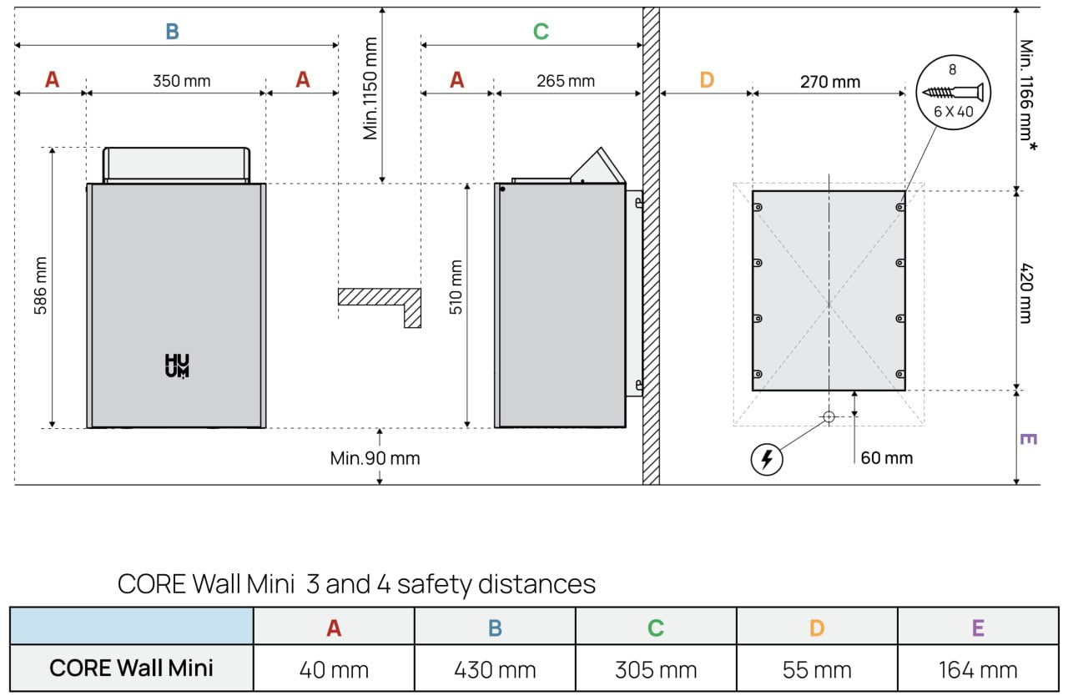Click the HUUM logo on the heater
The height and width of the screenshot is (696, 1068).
177,366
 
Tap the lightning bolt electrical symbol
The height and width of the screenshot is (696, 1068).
767,460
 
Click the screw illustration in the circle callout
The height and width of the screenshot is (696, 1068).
953,92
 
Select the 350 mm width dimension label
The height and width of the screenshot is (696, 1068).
182,81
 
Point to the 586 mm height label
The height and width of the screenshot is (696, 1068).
41,285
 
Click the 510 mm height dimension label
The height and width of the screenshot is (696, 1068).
456,287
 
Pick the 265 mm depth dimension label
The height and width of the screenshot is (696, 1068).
566,81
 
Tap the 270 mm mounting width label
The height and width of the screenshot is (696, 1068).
830,82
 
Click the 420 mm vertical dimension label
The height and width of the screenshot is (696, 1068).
1026,293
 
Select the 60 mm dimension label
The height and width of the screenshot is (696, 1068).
887,458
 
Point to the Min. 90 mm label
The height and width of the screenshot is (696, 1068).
375,459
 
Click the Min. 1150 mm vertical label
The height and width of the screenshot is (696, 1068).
370,88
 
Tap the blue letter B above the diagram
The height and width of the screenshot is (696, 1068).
172,32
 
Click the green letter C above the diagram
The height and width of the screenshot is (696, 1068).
541,32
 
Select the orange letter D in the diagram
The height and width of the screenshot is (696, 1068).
707,79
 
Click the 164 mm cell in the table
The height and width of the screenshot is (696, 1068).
978,670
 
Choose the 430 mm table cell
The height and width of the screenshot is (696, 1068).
495,670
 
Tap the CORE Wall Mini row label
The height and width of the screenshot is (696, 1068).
131,668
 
